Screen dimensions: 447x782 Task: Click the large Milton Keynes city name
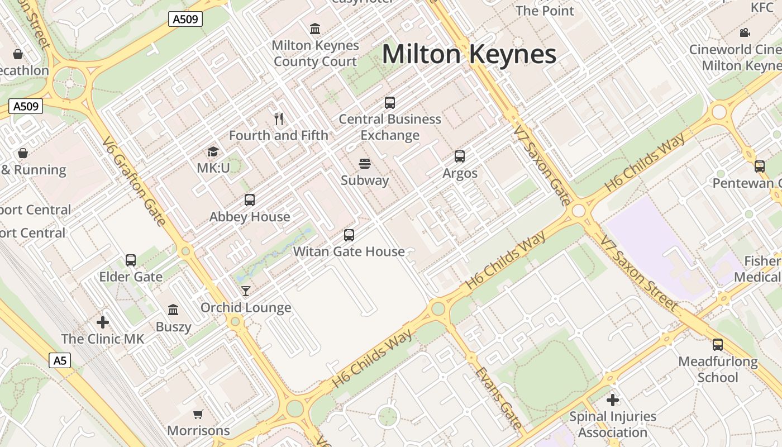[469, 55]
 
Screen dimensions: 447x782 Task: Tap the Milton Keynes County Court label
[315, 53]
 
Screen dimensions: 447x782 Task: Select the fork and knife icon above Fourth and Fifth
[279, 118]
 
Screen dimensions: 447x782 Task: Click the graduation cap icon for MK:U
[213, 151]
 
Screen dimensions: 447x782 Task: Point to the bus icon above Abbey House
[250, 200]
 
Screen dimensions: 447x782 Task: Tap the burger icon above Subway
[365, 164]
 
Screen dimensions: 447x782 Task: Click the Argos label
[460, 173]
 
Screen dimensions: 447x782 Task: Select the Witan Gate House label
[349, 251]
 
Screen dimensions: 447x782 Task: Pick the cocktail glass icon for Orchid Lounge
[245, 291]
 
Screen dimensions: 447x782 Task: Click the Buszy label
[173, 327]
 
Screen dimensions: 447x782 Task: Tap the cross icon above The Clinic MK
[103, 322]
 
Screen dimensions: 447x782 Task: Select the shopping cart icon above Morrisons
[198, 414]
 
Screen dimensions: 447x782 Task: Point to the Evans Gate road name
[498, 397]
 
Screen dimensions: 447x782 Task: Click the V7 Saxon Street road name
[639, 273]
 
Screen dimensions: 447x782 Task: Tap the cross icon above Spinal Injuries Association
[613, 400]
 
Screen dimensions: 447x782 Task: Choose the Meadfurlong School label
[718, 369]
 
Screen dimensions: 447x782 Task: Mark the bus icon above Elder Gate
[131, 260]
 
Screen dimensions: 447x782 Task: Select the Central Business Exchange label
[390, 127]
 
